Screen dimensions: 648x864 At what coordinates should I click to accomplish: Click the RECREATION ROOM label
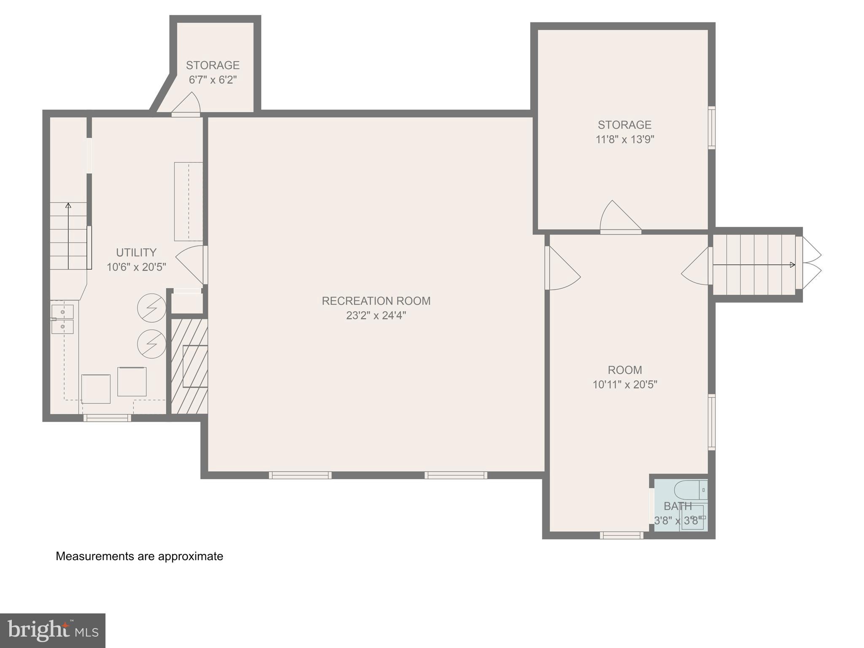[x=376, y=301]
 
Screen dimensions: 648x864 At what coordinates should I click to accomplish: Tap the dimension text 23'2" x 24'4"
[x=376, y=316]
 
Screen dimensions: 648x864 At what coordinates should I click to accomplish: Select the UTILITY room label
[x=136, y=252]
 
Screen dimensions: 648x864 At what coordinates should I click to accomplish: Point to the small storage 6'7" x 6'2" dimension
[x=213, y=80]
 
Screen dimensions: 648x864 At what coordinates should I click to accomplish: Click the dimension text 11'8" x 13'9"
[x=624, y=139]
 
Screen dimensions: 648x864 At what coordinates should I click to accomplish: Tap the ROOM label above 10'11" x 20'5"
[x=624, y=370]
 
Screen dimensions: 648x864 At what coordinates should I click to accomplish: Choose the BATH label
[x=678, y=506]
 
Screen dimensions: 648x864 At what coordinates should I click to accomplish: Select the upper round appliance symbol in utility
[x=151, y=308]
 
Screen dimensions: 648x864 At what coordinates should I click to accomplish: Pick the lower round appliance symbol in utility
[x=151, y=344]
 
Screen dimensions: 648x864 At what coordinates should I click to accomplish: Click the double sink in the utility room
[x=62, y=319]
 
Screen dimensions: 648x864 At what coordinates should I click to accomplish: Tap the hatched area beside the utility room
[x=189, y=366]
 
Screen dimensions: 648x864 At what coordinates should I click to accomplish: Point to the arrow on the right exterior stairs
[x=753, y=265]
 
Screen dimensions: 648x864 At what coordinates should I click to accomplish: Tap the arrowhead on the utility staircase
[x=68, y=205]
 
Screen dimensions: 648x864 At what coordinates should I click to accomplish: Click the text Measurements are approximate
[x=139, y=556]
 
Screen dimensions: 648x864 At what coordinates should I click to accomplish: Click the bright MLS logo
[x=52, y=630]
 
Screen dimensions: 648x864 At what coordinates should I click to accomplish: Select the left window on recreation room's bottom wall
[x=300, y=475]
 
